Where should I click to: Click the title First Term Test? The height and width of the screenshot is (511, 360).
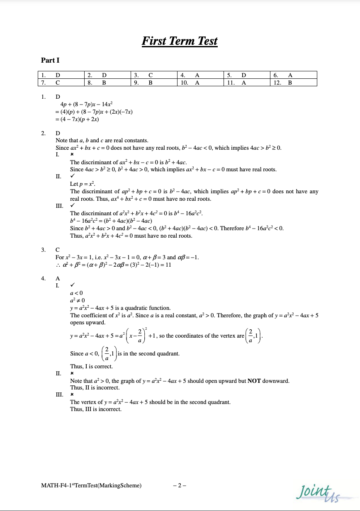180,41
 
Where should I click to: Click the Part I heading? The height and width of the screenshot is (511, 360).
50,60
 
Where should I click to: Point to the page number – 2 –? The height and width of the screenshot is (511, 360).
180,486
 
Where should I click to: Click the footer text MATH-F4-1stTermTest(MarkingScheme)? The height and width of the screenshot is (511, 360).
91,486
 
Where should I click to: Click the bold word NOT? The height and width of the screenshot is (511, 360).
254,381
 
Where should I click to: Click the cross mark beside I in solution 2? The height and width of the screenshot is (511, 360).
72,155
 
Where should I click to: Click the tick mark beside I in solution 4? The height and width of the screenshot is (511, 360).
73,285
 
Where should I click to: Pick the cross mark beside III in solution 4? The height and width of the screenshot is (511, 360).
72,395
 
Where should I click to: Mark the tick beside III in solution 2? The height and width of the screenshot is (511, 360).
73,206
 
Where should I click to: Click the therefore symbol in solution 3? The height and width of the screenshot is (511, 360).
58,265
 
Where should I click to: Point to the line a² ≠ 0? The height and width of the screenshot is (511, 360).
78,300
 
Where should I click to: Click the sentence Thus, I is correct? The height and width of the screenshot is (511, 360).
91,366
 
